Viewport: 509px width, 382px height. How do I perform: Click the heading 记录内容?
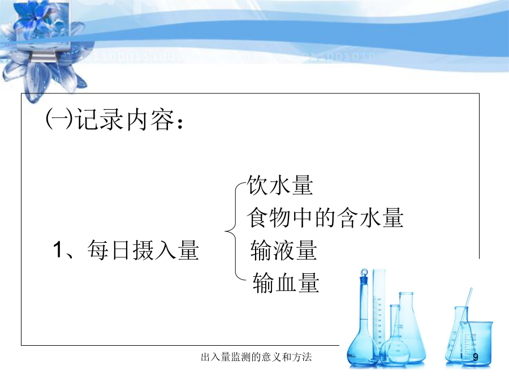coord(124,119)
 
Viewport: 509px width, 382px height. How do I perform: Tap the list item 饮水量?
coord(280,185)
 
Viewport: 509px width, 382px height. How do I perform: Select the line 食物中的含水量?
coord(325,217)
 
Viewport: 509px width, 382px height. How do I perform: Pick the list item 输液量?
coord(284,250)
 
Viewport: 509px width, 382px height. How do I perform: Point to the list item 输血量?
coord(286,282)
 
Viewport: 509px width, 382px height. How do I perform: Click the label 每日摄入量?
coord(143,250)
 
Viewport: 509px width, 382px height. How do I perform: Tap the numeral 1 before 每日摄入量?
coord(58,250)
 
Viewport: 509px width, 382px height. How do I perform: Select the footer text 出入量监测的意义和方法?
coord(256,357)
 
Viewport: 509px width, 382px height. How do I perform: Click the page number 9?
coord(476,357)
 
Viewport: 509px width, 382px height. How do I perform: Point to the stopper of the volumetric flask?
coord(364,272)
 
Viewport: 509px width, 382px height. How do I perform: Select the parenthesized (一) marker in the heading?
coord(59,119)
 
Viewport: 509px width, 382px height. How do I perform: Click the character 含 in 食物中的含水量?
coord(347,217)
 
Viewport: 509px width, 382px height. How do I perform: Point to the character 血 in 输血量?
coord(286,282)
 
